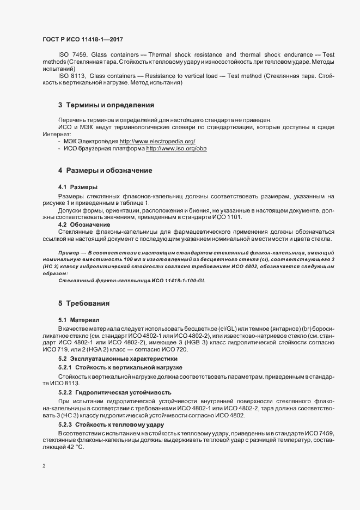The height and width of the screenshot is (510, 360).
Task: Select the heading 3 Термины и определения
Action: click(x=99, y=104)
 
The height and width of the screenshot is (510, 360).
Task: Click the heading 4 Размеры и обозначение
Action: click(x=97, y=171)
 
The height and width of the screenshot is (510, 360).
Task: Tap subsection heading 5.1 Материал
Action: click(x=80, y=319)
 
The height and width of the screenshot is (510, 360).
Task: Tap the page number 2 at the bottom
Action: click(x=44, y=466)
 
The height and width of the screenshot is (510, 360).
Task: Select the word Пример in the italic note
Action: click(x=68, y=253)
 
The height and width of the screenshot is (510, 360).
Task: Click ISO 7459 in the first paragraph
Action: click(x=71, y=55)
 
